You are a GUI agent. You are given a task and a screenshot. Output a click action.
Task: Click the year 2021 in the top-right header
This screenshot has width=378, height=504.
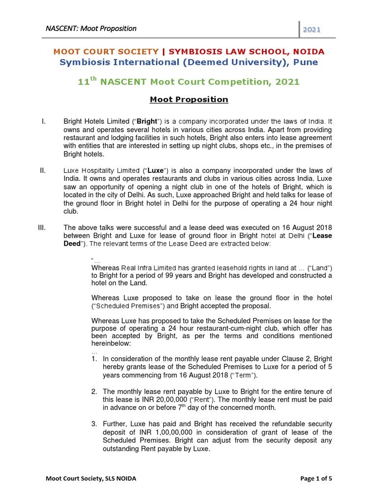pyautogui.click(x=312, y=30)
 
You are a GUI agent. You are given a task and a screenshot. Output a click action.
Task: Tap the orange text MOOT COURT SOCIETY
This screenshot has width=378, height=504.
pyautogui.click(x=106, y=51)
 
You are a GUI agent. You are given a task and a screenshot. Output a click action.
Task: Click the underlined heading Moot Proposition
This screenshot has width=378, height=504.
pyautogui.click(x=189, y=99)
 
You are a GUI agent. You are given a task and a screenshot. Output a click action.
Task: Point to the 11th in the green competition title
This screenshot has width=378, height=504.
pyautogui.click(x=87, y=82)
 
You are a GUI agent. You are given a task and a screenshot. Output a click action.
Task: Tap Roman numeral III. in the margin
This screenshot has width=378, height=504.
pyautogui.click(x=42, y=227)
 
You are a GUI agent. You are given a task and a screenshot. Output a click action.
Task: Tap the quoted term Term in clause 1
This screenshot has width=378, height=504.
pyautogui.click(x=243, y=376)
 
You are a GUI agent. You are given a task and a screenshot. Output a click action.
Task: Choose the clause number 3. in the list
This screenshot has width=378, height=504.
pyautogui.click(x=94, y=423)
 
